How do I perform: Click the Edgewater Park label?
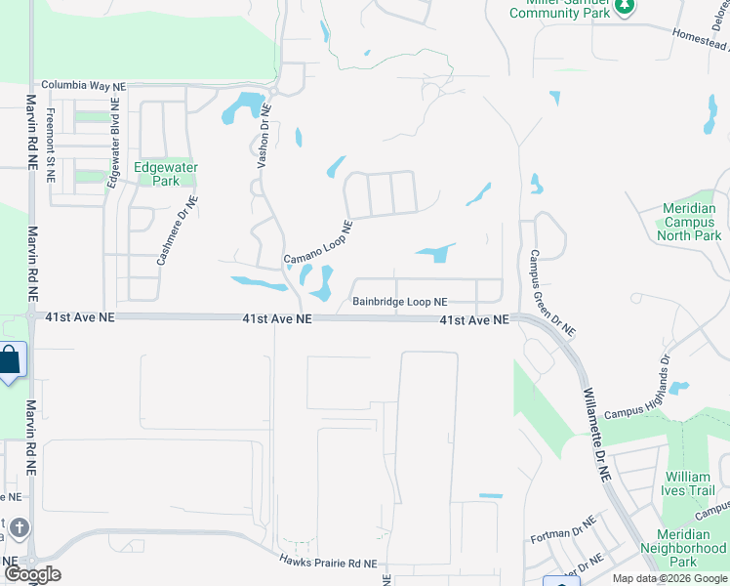[x=165, y=174]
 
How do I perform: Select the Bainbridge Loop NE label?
[x=399, y=303]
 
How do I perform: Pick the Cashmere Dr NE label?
[x=177, y=230]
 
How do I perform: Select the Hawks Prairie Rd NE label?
[x=327, y=563]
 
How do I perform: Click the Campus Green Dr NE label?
[x=550, y=290]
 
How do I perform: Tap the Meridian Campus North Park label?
[x=689, y=222]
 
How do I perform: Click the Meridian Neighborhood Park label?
[x=683, y=548]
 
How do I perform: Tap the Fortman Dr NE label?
[x=563, y=532]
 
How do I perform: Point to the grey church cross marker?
[x=17, y=530]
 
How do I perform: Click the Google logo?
[x=32, y=573]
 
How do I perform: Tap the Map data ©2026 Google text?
[x=669, y=578]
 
